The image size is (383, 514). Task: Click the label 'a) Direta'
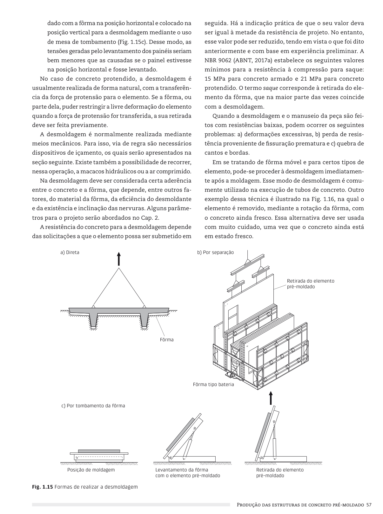pyautogui.click(x=70, y=252)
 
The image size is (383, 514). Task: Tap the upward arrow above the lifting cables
pyautogui.click(x=118, y=258)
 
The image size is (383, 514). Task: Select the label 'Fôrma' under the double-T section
pyautogui.click(x=167, y=340)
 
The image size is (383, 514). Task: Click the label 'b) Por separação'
pyautogui.click(x=215, y=252)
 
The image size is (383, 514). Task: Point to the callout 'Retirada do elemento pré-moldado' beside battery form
pyautogui.click(x=310, y=284)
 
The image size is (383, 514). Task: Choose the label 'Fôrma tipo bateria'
pyautogui.click(x=213, y=384)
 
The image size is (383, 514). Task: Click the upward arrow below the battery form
pyautogui.click(x=271, y=397)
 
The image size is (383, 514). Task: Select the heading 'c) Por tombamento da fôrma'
pyautogui.click(x=93, y=405)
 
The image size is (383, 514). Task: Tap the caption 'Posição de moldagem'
pyautogui.click(x=91, y=470)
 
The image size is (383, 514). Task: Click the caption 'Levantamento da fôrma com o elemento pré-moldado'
pyautogui.click(x=187, y=473)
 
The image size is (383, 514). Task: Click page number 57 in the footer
pyautogui.click(x=369, y=505)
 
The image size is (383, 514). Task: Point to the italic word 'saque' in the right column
pyautogui.click(x=268, y=88)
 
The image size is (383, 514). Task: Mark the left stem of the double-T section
pyautogui.click(x=92, y=321)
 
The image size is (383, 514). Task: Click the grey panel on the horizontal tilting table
pyautogui.click(x=99, y=451)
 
